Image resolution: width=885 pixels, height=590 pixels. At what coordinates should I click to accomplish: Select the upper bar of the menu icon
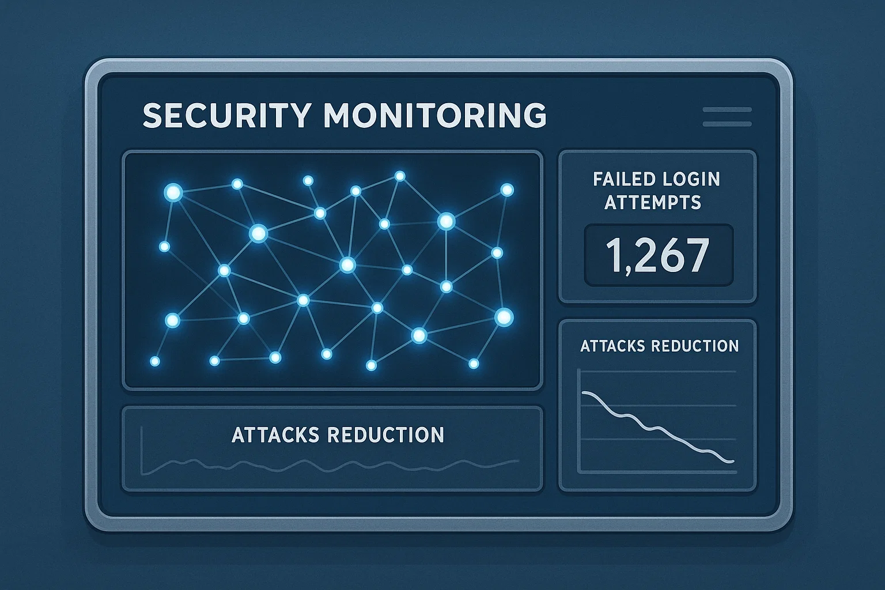(727, 109)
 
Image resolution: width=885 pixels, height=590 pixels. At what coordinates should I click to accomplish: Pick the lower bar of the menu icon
(727, 124)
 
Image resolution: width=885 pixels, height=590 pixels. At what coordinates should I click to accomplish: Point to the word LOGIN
(691, 179)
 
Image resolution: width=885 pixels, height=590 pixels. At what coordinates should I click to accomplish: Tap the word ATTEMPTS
(653, 202)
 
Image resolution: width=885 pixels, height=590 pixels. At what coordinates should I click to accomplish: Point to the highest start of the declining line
(584, 393)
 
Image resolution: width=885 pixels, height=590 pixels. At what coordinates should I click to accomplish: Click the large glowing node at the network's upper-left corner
(173, 192)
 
